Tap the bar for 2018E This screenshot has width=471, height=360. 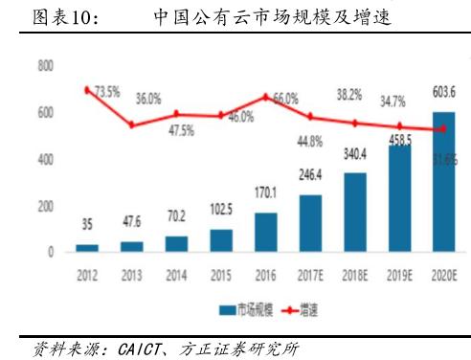354,213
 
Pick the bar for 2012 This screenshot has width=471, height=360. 87,248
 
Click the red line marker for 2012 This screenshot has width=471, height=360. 87,89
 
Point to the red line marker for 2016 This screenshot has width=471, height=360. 265,97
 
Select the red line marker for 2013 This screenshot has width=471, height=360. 131,125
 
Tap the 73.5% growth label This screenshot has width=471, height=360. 103,92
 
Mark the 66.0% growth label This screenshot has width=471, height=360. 285,98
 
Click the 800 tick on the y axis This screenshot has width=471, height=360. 45,66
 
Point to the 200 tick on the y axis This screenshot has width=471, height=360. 45,207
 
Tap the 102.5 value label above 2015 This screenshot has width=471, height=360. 220,209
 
